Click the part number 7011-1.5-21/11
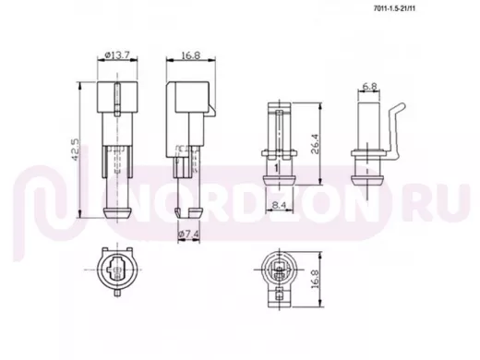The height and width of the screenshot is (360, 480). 394,8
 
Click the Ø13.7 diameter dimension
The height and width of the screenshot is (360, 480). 117,55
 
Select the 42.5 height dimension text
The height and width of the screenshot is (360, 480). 76,150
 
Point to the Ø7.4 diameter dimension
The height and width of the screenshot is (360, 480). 188,234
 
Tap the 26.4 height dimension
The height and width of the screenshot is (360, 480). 315,144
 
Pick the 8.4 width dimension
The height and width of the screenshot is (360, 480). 280,205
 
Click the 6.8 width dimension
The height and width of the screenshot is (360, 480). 369,87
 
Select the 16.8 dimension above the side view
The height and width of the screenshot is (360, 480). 191,55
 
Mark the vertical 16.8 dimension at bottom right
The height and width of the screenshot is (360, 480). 316,279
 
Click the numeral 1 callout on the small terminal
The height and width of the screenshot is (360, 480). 276,168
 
